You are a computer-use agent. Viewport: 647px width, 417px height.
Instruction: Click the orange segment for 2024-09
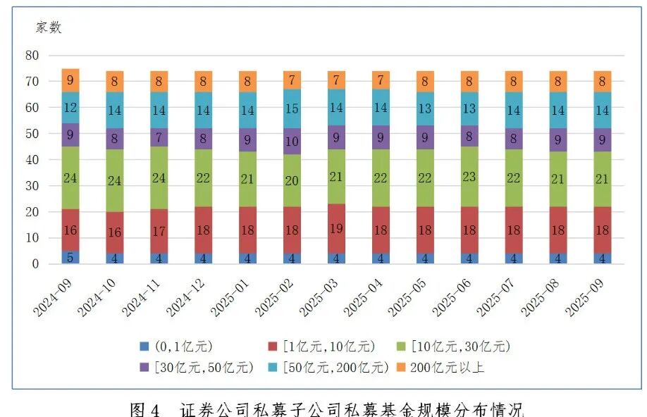coord(70,80)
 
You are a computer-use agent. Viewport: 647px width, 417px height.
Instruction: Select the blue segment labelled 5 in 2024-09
coord(70,257)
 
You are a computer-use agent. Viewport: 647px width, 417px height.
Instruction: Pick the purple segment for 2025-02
coord(292,142)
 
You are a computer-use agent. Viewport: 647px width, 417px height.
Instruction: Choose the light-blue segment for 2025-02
coord(292,108)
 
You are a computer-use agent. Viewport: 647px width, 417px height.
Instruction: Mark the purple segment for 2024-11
coord(159,137)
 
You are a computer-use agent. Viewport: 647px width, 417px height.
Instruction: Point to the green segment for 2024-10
coord(115,180)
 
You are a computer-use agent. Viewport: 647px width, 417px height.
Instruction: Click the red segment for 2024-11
coord(159,231)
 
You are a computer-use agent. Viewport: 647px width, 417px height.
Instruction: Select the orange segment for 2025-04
coord(381,80)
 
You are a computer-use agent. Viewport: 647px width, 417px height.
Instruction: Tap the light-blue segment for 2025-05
coord(426,109)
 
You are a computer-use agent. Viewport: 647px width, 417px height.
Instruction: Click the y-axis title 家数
coord(49,28)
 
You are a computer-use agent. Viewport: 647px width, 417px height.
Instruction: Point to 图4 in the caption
coord(147,409)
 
